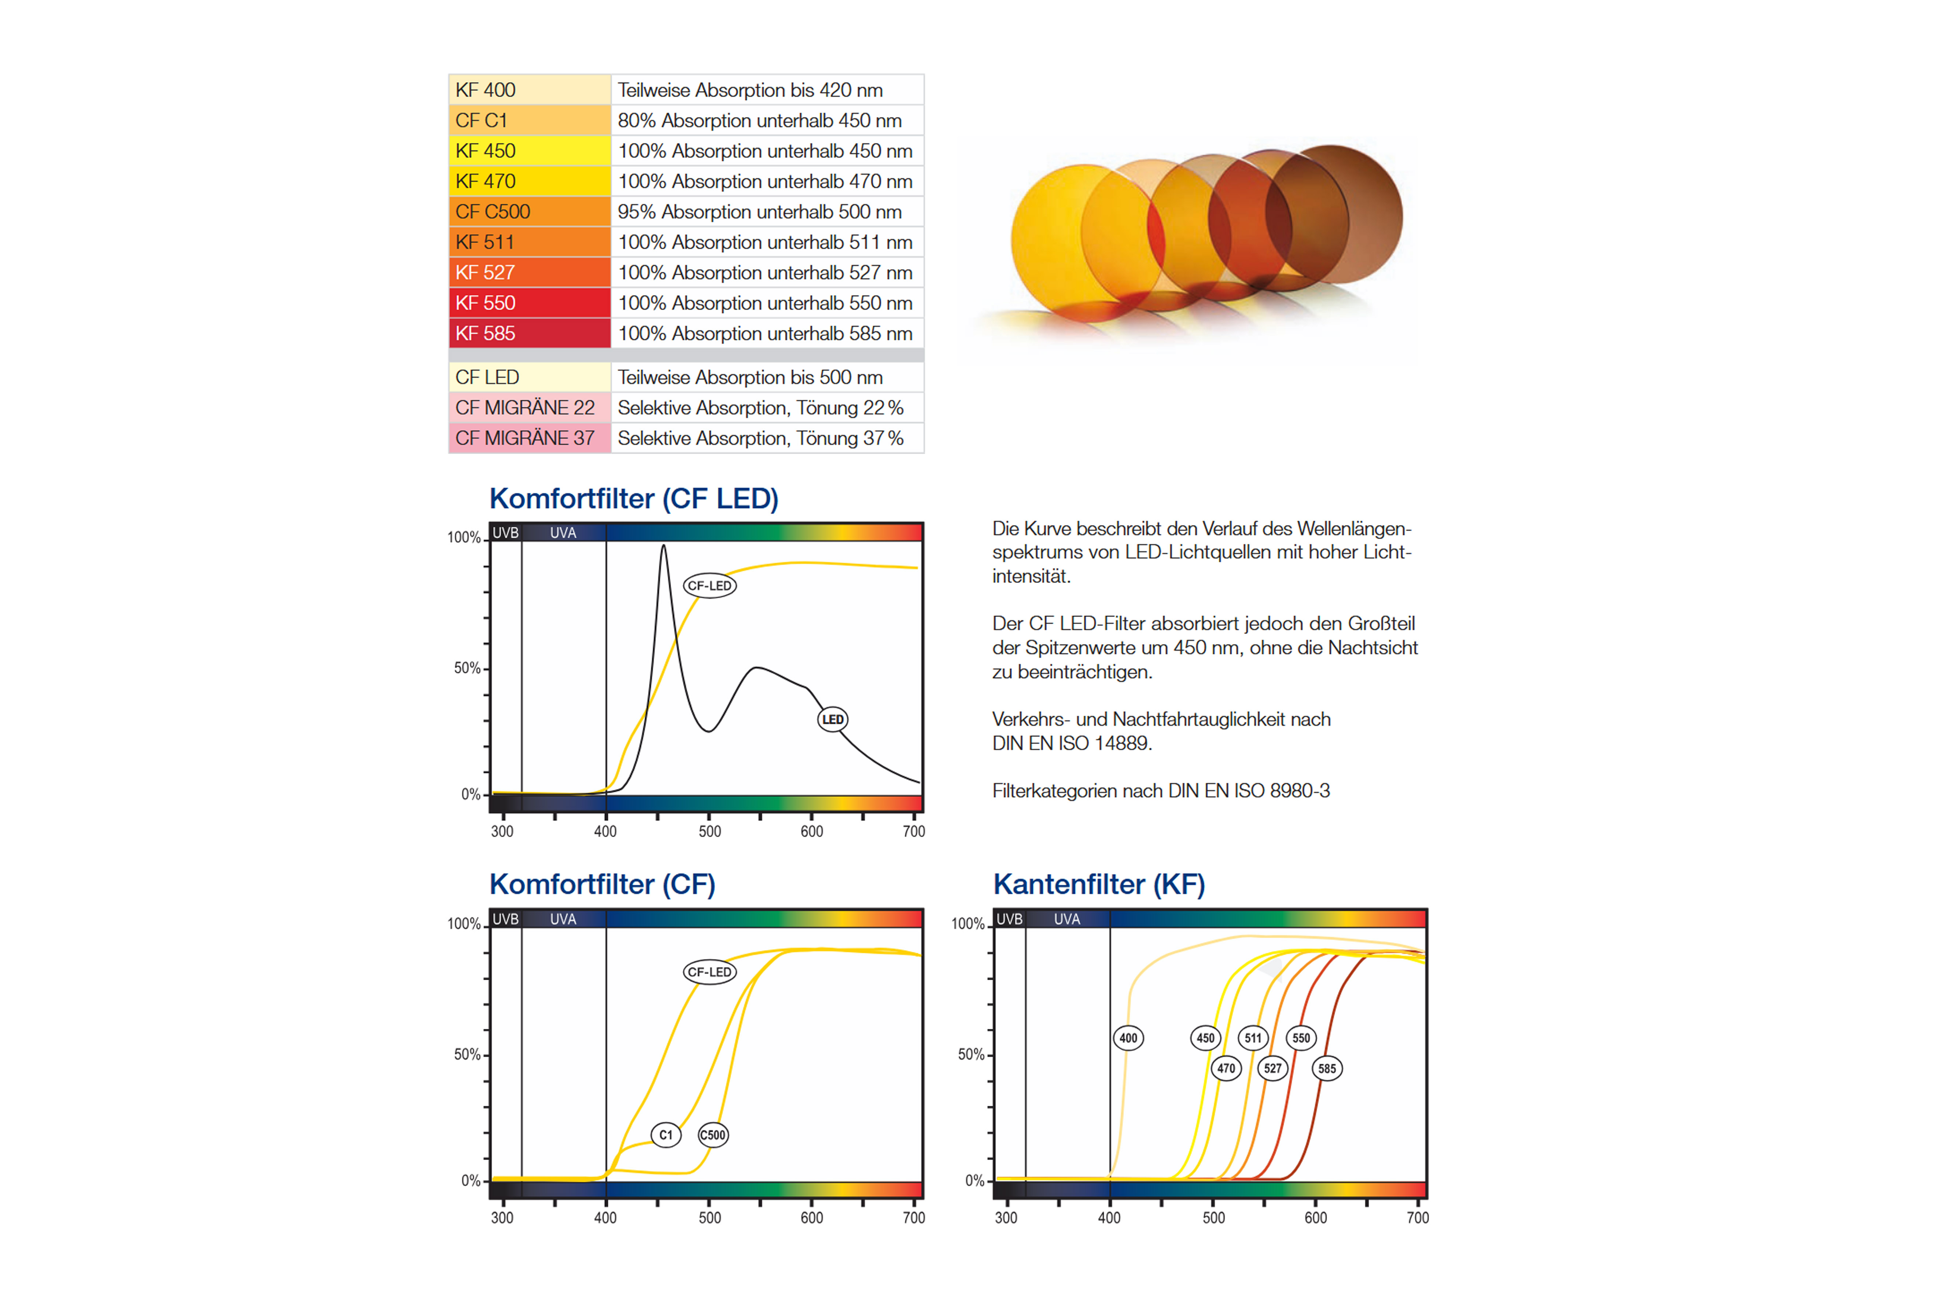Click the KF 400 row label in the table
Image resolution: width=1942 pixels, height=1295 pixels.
pyautogui.click(x=486, y=90)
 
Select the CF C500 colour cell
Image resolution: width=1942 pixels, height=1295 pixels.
pyautogui.click(x=493, y=211)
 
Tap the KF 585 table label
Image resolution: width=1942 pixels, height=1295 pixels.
pyautogui.click(x=486, y=334)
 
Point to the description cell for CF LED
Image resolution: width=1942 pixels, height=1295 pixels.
pyautogui.click(x=750, y=377)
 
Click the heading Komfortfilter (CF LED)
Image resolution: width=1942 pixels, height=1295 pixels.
pyautogui.click(x=634, y=499)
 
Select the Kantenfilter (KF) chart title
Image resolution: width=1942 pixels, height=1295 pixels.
pyautogui.click(x=1099, y=885)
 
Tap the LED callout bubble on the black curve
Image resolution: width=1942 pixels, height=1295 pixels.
pyautogui.click(x=833, y=719)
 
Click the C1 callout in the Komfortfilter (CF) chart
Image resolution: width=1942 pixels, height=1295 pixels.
pyautogui.click(x=666, y=1135)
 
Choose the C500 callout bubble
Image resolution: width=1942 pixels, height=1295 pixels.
pyautogui.click(x=713, y=1135)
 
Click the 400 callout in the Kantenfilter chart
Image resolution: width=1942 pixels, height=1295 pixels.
pyautogui.click(x=1128, y=1038)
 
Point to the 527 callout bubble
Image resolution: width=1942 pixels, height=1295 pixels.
pyautogui.click(x=1273, y=1069)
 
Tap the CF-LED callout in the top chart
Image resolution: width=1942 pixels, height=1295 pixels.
pyautogui.click(x=710, y=586)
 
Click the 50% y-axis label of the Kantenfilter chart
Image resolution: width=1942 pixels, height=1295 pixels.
pyautogui.click(x=970, y=1055)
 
